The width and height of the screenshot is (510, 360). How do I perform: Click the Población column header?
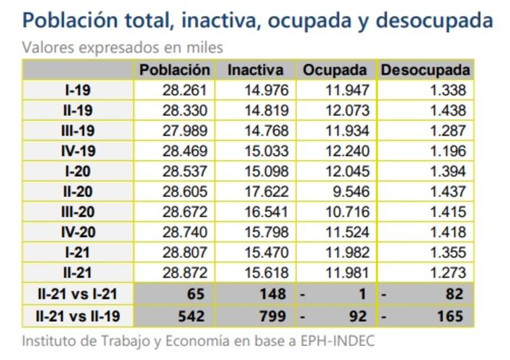(x=174, y=70)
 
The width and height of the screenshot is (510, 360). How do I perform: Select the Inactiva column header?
(x=255, y=70)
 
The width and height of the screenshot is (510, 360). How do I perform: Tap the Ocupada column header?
(x=335, y=70)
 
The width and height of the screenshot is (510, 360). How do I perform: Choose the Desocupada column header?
(x=425, y=70)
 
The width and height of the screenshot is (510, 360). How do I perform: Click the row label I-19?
(x=78, y=90)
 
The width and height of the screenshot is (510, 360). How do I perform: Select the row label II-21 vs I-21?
(x=78, y=294)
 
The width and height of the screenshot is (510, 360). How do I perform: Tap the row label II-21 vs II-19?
(x=78, y=315)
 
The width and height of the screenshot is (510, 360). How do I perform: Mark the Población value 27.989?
(x=186, y=131)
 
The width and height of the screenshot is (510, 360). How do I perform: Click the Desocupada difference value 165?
(x=450, y=315)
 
